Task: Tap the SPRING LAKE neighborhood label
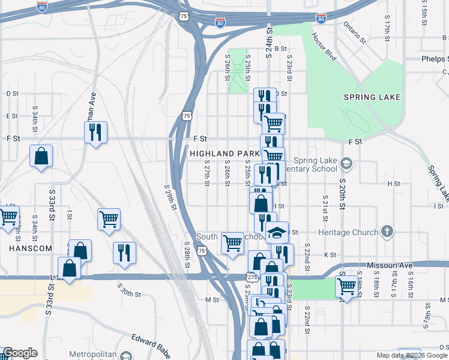372,97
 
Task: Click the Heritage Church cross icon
388,232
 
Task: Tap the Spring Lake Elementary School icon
346,163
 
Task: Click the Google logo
19,353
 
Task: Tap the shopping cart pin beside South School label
232,243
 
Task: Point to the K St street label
330,255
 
